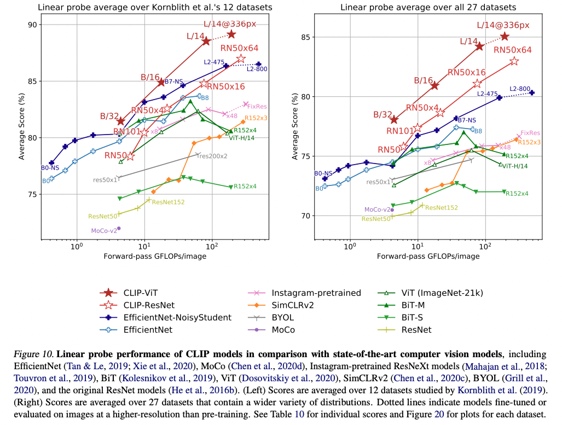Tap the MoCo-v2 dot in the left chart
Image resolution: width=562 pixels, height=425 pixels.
click(119, 228)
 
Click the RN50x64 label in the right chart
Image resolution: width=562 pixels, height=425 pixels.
click(513, 50)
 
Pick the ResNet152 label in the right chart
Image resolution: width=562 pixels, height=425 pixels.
click(441, 208)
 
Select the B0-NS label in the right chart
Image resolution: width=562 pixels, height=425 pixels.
click(323, 173)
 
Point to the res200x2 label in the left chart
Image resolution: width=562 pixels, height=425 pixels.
click(212, 156)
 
